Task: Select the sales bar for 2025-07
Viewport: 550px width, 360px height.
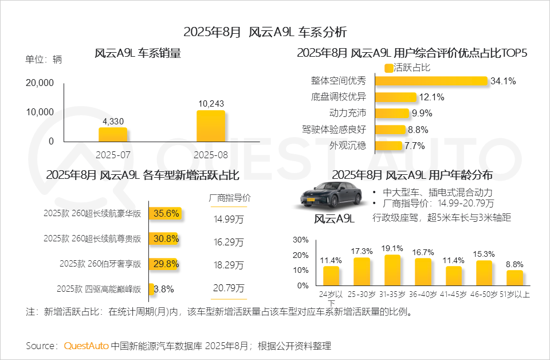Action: point(113,135)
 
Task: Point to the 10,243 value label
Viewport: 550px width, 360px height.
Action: point(211,104)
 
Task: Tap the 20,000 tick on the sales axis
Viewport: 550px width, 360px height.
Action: point(40,83)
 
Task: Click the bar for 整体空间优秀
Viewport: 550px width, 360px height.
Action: point(431,81)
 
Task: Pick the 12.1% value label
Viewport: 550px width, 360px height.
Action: point(432,97)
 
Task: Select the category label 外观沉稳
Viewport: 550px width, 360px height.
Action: point(347,145)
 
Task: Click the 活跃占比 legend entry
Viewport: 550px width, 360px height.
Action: point(407,68)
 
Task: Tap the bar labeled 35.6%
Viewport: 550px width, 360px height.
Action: point(166,214)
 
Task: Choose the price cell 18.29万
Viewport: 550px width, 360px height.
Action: point(229,266)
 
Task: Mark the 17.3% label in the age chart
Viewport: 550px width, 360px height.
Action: point(362,251)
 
